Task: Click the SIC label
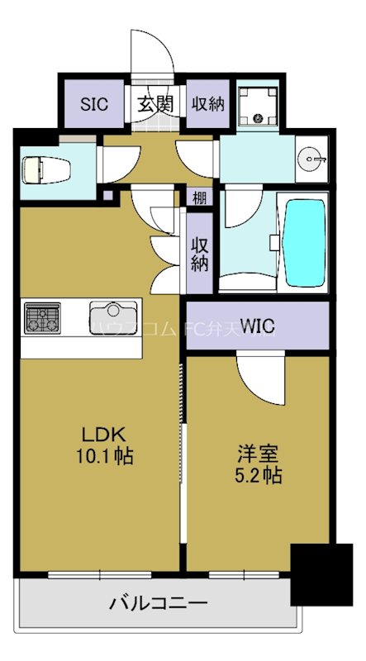pos(94,104)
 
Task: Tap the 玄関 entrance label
pos(155,104)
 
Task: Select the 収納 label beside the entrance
pos(208,104)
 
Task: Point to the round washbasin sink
pos(311,157)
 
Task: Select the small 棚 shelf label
pos(200,198)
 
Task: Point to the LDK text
pos(103,435)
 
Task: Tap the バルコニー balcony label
pos(159,602)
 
